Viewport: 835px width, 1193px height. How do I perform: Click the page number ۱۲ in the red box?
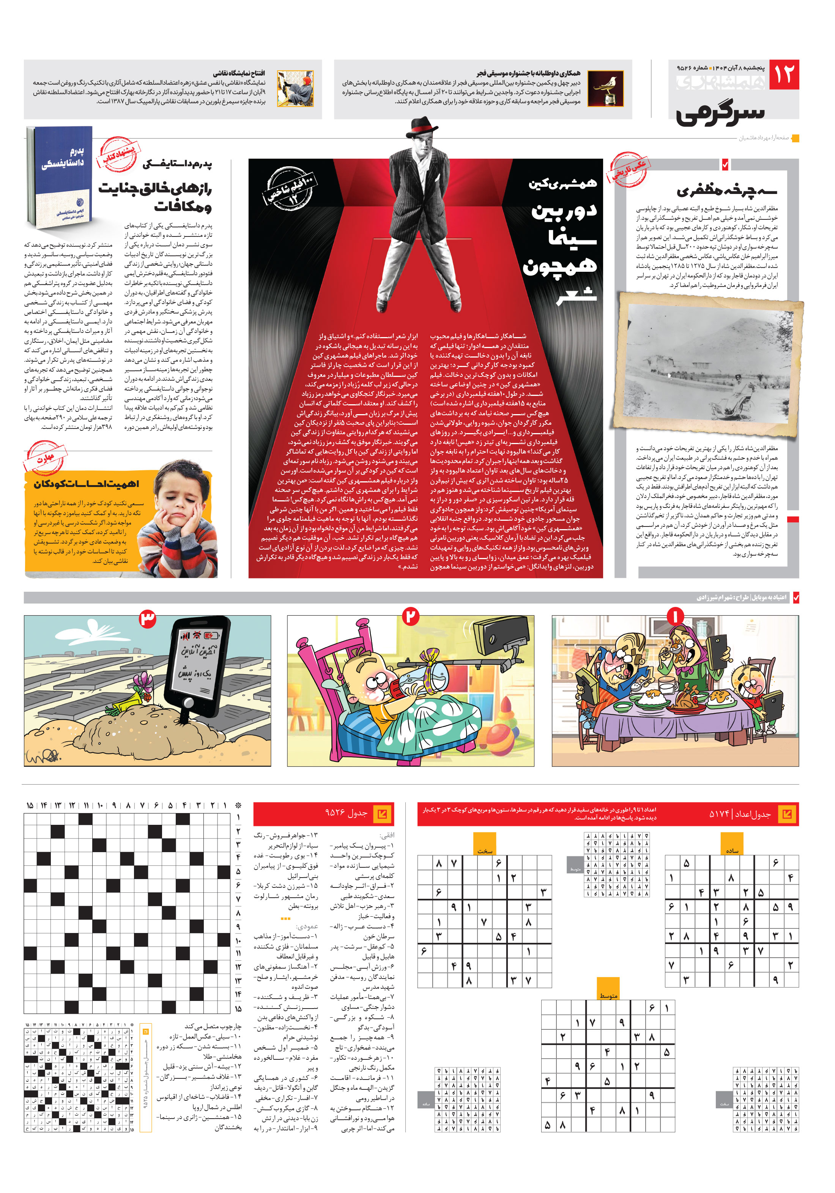(x=783, y=74)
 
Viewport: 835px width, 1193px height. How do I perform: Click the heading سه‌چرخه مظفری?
(x=726, y=190)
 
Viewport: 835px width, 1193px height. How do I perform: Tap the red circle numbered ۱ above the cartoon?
(x=674, y=617)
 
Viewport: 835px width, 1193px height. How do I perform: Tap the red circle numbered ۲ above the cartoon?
(x=411, y=617)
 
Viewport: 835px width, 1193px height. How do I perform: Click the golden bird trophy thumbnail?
(x=605, y=89)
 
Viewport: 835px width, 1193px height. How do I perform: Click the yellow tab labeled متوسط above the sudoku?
(x=608, y=993)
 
